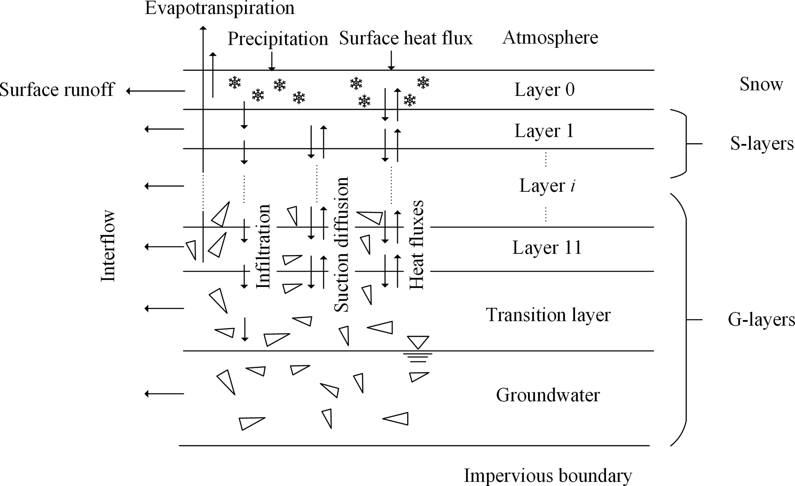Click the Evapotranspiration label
click(220, 8)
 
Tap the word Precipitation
click(278, 39)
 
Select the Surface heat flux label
click(406, 39)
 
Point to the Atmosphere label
click(550, 38)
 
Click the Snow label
click(761, 84)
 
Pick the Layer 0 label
click(544, 90)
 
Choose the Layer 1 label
click(544, 131)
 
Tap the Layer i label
click(547, 186)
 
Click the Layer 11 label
click(547, 248)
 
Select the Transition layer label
click(548, 315)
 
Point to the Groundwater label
click(548, 395)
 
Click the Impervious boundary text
click(548, 476)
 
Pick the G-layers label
click(761, 320)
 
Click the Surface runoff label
click(57, 90)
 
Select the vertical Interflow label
click(108, 246)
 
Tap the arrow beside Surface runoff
click(155, 91)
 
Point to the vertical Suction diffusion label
click(341, 245)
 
